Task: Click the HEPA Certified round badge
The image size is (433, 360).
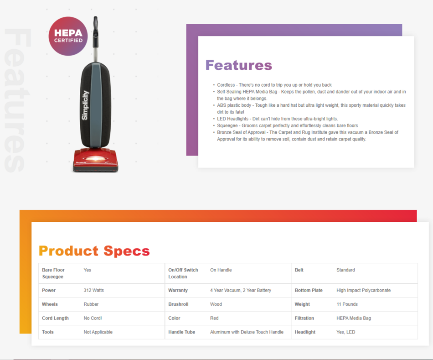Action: tap(68, 36)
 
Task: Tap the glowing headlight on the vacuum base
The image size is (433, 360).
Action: tap(96, 159)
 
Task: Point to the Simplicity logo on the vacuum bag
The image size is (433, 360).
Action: tap(85, 105)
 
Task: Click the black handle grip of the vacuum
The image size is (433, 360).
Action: tap(96, 32)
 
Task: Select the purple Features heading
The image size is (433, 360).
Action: tap(239, 65)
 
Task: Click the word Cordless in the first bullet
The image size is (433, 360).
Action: tap(226, 85)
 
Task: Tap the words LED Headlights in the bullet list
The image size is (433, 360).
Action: tap(232, 119)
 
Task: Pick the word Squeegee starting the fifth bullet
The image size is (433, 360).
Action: tap(227, 125)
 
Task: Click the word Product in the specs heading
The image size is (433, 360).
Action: tap(68, 251)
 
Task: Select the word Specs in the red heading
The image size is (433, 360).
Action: tap(127, 251)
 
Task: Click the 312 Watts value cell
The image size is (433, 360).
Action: tap(93, 290)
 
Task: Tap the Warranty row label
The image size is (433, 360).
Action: tap(178, 290)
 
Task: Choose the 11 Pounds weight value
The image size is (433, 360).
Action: tap(347, 304)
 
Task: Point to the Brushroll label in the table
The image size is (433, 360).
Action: tap(178, 304)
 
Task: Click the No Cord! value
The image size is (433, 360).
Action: tap(93, 318)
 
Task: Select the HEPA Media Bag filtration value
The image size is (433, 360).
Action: tap(354, 318)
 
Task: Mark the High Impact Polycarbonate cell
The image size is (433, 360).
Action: tap(363, 290)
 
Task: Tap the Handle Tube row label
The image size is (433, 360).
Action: tap(181, 332)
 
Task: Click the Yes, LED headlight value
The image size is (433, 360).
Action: tap(346, 332)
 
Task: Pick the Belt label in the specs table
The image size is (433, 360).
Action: tap(299, 270)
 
